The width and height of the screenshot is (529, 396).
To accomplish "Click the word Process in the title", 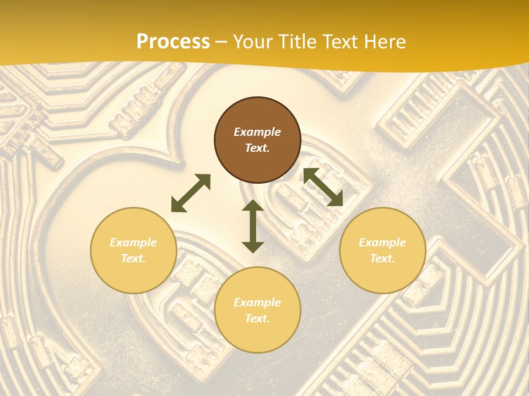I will click(x=173, y=42).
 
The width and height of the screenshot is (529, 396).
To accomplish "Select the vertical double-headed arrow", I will click(x=253, y=226).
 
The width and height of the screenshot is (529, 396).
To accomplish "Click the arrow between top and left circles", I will click(x=191, y=193).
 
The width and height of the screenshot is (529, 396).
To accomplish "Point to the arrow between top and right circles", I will click(x=323, y=187).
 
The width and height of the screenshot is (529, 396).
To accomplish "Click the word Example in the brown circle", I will click(x=257, y=132).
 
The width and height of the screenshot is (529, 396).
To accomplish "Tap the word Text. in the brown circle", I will click(x=257, y=148).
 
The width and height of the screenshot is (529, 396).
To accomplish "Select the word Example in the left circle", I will click(x=133, y=243).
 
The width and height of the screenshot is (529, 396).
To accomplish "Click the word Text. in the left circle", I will click(x=133, y=258).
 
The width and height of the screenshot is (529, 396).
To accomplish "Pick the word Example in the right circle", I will click(x=382, y=243).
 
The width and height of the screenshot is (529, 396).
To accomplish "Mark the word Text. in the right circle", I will click(x=382, y=258).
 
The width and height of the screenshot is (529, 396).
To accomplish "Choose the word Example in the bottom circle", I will click(x=257, y=302).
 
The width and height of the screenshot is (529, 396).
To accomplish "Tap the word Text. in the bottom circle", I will click(x=257, y=318).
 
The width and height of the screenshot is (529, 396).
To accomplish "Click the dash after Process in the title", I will click(x=222, y=42).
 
